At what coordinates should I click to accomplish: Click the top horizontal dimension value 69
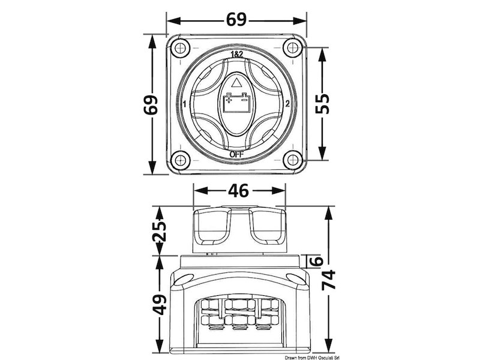(x=236, y=20)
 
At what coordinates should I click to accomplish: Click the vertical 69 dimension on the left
(x=151, y=104)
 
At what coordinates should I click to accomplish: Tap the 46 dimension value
(x=238, y=190)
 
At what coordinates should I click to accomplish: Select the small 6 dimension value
(x=318, y=261)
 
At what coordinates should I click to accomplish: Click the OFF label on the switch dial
(x=236, y=155)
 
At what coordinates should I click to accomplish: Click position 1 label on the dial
(x=184, y=104)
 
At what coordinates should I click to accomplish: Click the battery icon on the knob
(x=236, y=103)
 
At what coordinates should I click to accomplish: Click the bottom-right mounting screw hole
(x=293, y=160)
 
